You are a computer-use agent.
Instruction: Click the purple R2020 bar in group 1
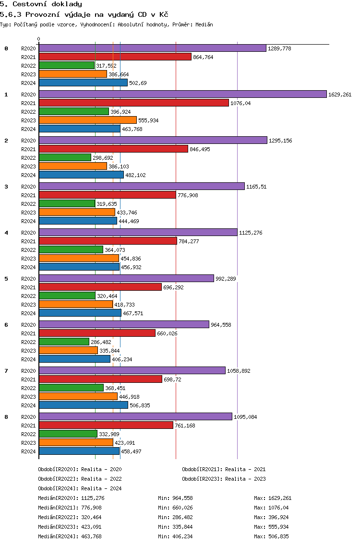tap(182, 95)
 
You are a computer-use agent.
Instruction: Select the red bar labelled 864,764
tap(115, 57)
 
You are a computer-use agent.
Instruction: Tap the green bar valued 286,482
tap(64, 342)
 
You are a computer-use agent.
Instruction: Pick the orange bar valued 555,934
tap(87, 120)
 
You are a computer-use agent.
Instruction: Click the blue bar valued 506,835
tap(83, 405)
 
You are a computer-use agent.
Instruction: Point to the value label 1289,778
tap(279, 48)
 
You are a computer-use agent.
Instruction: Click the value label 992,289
tap(226, 279)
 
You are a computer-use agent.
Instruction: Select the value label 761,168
tap(185, 426)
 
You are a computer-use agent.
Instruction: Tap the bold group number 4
tap(6, 233)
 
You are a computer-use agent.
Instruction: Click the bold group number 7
tap(6, 371)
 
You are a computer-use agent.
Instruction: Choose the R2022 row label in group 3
tap(28, 204)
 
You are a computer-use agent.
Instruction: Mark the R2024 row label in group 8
tap(28, 451)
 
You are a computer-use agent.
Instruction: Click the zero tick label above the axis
tap(39, 39)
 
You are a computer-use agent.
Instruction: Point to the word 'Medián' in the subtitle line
tap(204, 24)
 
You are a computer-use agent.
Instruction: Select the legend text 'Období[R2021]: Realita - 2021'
tap(224, 469)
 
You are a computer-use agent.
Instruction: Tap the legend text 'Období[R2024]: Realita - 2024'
tap(80, 488)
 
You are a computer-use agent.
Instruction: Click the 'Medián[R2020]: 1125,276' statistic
tap(71, 498)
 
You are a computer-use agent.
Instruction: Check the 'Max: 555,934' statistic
tap(273, 527)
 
